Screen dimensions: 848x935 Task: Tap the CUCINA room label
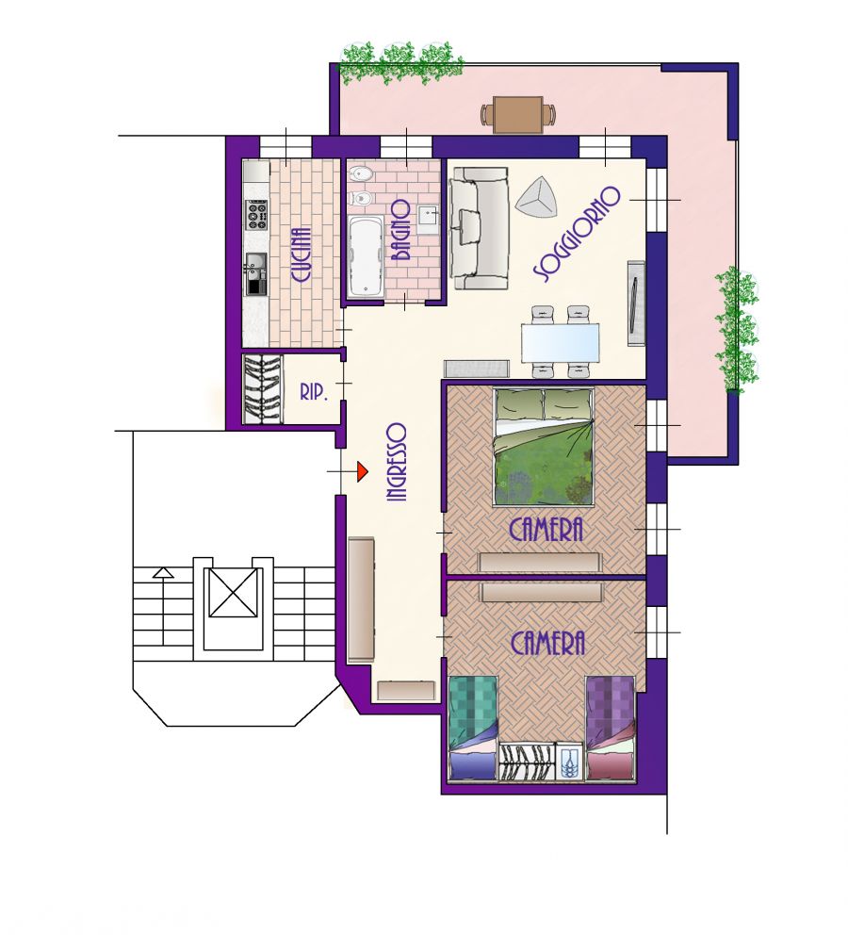301,254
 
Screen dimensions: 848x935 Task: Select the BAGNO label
401,230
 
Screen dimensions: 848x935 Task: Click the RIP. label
314,392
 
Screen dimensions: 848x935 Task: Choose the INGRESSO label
397,462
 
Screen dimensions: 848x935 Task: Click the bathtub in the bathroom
365,255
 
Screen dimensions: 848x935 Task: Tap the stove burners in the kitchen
257,215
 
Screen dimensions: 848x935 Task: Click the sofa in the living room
480,228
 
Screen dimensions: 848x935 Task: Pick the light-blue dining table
561,343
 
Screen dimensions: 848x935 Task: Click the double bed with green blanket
544,447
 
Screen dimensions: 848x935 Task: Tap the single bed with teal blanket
473,728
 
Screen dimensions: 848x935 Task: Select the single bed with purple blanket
611,728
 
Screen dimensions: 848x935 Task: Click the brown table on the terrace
518,114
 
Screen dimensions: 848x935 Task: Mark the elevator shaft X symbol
233,592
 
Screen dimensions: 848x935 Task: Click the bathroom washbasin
428,219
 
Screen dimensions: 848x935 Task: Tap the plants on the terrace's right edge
737,329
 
